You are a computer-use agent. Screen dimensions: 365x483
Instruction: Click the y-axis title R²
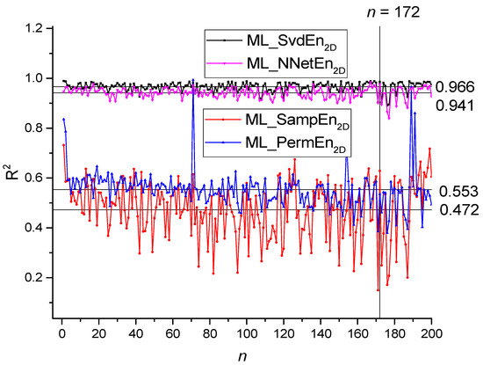(x=11, y=165)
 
